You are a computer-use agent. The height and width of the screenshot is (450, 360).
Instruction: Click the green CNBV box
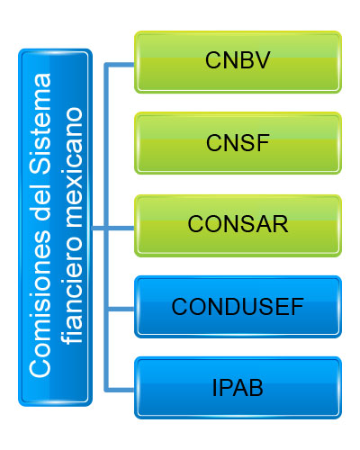[238, 62]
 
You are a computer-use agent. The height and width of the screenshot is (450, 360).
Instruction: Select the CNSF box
[238, 143]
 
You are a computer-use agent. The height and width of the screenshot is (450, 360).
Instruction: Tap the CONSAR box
[238, 226]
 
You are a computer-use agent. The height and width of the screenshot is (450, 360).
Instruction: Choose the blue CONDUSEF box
[238, 307]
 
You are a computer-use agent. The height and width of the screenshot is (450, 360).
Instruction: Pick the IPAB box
[238, 388]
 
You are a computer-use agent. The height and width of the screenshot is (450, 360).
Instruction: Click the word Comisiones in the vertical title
[40, 304]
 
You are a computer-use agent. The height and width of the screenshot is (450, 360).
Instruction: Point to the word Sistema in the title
[40, 124]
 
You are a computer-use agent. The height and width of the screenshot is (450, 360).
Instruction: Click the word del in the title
[40, 202]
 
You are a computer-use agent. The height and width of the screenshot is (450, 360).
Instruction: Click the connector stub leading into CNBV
[119, 65]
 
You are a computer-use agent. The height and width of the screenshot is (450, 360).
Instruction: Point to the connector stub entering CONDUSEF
[121, 309]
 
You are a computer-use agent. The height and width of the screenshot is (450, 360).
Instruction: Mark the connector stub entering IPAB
[119, 390]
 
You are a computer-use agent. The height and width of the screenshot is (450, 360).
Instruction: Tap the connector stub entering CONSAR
[121, 229]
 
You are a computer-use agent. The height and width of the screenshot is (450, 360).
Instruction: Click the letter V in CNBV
[262, 60]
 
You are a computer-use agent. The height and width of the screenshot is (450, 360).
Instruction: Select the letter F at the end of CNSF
[263, 143]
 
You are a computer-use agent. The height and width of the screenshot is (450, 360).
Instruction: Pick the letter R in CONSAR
[280, 224]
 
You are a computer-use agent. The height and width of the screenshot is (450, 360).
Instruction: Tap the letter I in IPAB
[214, 388]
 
